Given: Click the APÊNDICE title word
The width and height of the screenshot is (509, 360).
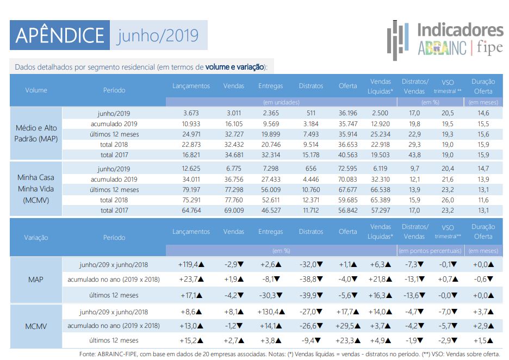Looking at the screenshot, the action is [60, 35].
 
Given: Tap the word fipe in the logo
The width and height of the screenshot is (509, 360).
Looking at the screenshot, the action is [490, 48].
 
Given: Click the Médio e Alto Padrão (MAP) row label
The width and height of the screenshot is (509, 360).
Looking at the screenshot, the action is [36, 133].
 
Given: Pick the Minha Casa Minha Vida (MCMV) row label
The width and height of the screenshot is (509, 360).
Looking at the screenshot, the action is [36, 189].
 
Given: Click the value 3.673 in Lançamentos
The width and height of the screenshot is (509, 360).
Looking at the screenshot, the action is [191, 113].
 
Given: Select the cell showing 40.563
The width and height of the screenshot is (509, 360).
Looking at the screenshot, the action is [347, 155].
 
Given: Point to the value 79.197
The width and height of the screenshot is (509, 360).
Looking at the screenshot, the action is [191, 190].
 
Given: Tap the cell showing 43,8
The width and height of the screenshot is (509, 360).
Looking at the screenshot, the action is [414, 155].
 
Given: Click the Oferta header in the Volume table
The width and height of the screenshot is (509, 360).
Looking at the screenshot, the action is [347, 86].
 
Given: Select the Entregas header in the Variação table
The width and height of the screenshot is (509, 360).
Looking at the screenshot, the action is [270, 232].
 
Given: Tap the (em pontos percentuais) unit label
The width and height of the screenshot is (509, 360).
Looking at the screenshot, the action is [430, 251].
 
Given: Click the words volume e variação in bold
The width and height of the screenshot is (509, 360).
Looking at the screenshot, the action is [234, 67].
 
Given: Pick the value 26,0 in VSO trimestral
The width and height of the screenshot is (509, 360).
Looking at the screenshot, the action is [448, 200].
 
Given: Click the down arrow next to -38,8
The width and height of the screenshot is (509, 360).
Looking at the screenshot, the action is [320, 279].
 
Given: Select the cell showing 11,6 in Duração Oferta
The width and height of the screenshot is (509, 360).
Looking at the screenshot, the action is [483, 200].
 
